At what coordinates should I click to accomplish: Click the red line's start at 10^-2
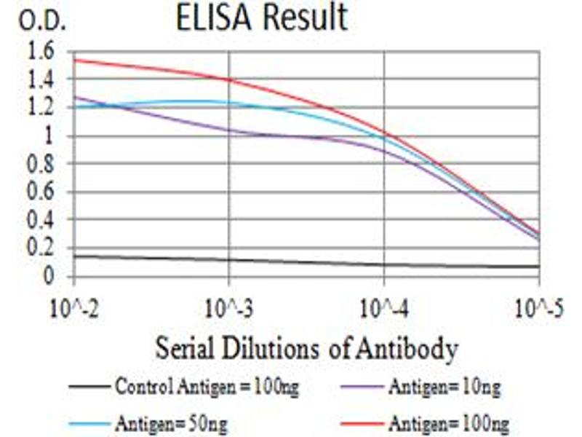pos(74,60)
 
